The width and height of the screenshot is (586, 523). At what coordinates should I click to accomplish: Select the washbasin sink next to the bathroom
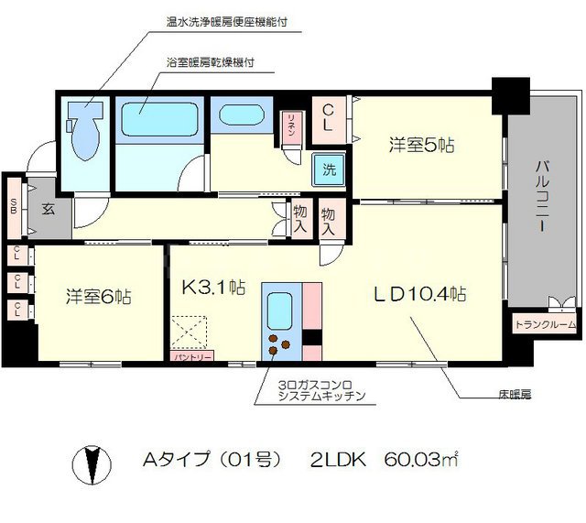pos(241,119)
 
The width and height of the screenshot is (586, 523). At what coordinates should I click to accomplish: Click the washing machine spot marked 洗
pos(327,169)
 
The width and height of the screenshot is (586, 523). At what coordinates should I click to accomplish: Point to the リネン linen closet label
pos(290,123)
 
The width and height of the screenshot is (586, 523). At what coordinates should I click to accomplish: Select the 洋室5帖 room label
pos(422,145)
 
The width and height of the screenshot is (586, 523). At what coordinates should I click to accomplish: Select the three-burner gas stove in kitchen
pos(279,345)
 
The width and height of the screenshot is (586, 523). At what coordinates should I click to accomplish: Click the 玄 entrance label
pos(48,206)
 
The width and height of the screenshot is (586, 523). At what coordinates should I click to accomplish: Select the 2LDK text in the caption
pos(336,461)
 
